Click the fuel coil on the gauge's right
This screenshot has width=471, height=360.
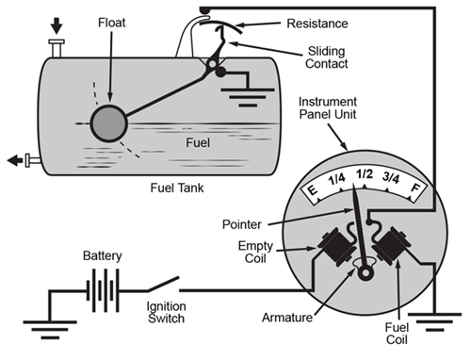[x=392, y=249]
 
